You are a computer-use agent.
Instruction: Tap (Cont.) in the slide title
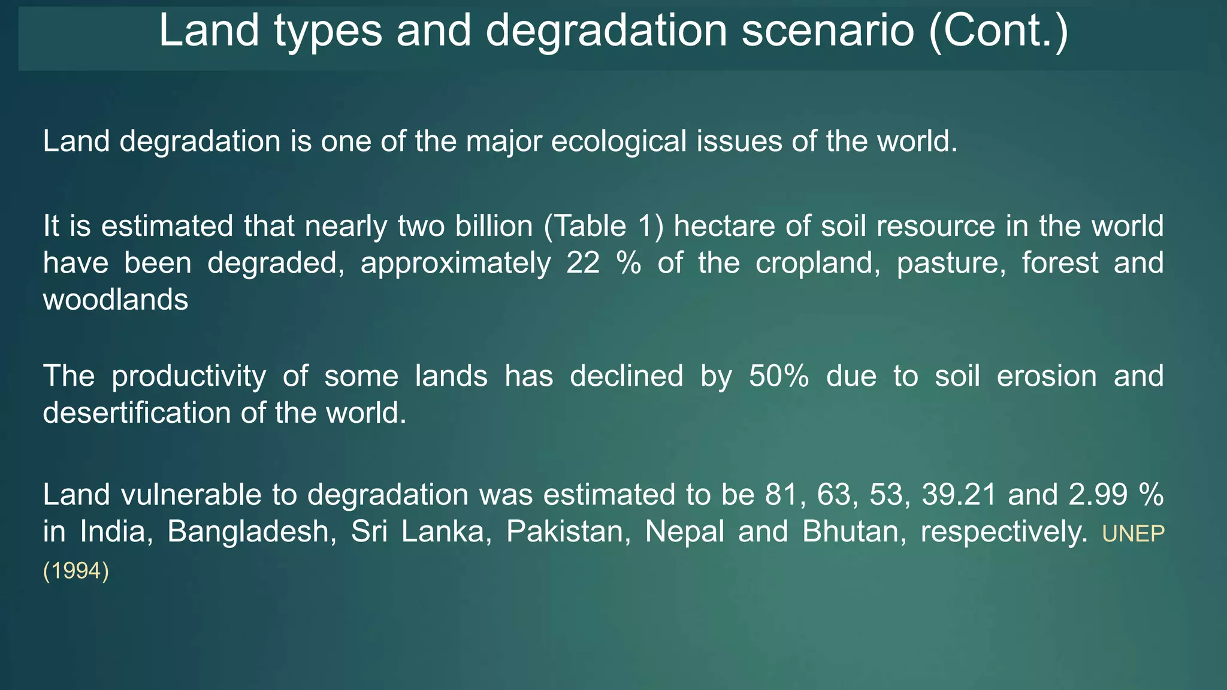(998, 31)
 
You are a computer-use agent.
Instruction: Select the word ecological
(618, 142)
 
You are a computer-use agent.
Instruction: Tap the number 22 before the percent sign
(583, 264)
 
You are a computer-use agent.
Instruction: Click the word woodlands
(116, 299)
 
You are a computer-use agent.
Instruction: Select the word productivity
(189, 377)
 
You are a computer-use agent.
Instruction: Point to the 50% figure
(779, 377)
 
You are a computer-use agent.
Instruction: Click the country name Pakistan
(568, 532)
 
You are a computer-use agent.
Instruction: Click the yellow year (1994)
(76, 571)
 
